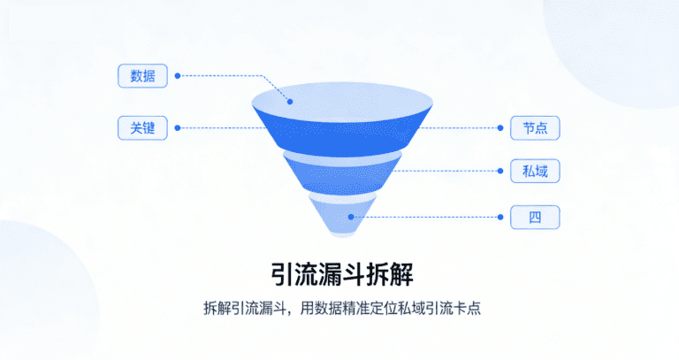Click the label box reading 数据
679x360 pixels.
pos(142,75)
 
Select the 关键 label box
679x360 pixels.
pos(142,127)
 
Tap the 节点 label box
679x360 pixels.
pos(535,127)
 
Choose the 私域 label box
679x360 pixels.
pos(535,171)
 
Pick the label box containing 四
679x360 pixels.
pos(535,217)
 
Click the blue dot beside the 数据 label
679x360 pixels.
pos(178,75)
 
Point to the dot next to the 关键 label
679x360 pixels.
pos(178,127)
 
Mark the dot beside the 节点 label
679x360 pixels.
pos(500,127)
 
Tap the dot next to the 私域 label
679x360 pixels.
pos(500,171)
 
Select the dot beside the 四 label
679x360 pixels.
pos(500,217)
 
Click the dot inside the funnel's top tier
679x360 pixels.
pos(288,101)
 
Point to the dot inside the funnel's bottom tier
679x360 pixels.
pos(351,217)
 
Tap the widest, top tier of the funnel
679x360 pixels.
pos(340,119)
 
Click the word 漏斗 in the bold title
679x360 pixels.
pos(339,270)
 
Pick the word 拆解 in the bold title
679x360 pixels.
pos(389,270)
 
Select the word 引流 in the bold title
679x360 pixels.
pos(290,270)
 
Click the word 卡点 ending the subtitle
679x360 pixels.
pos(468,309)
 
